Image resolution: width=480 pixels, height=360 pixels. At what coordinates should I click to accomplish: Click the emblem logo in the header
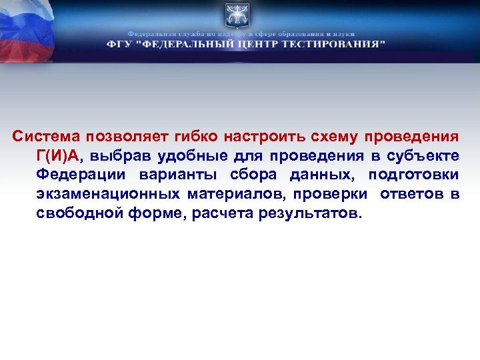tap(237, 16)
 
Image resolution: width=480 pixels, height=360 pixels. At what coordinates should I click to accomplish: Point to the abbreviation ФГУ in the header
tap(120, 44)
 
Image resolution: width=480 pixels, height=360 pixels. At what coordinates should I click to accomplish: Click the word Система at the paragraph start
tap(45, 137)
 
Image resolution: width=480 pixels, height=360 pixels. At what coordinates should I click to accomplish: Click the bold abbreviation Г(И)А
tap(58, 156)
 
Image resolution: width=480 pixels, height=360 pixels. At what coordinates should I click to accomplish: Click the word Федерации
tap(81, 175)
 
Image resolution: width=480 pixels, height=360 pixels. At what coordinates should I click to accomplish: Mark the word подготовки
tap(417, 175)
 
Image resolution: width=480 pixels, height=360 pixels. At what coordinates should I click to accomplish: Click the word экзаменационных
tap(108, 195)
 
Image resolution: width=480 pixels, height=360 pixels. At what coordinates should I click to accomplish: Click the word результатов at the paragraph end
tap(313, 214)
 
